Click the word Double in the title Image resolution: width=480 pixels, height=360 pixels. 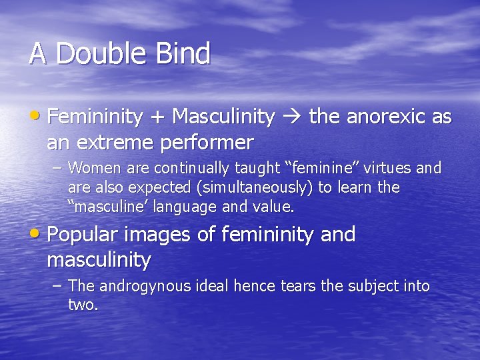[x=99, y=53]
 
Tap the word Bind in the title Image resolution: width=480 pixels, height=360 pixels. [x=183, y=53]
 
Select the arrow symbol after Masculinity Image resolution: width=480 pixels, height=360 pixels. [x=291, y=118]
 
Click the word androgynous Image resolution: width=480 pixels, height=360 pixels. [x=144, y=286]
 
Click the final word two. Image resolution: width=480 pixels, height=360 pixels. [x=83, y=305]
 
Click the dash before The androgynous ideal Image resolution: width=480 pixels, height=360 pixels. [x=58, y=286]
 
